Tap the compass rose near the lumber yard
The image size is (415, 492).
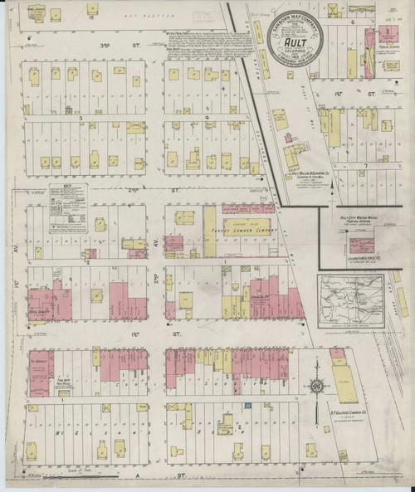coord(316,387)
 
